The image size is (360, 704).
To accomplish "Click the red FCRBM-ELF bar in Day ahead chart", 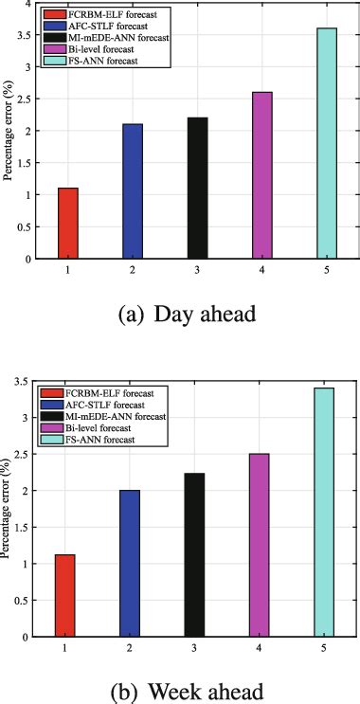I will (68, 224).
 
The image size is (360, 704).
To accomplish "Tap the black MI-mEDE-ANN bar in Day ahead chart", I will (197, 189).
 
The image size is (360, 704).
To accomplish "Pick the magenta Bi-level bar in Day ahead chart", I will (261, 175).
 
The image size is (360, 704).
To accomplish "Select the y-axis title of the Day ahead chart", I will (9, 132).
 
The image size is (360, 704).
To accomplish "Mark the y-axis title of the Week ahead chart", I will (9, 509).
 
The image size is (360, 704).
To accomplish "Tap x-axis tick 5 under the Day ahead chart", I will (326, 270).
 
